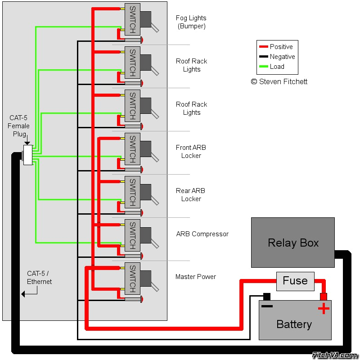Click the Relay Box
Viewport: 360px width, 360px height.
click(293, 243)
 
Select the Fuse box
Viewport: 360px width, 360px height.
click(295, 281)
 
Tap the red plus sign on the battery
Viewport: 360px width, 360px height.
click(324, 308)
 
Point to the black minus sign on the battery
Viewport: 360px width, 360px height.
click(267, 306)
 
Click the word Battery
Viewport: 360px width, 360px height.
click(294, 324)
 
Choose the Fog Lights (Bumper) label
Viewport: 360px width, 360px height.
click(191, 22)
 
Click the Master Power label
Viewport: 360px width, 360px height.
click(196, 277)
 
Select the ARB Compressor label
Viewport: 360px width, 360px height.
click(202, 234)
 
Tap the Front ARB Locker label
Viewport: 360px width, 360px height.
click(191, 152)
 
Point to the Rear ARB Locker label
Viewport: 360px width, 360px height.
click(191, 195)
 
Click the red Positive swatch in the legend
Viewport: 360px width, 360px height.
click(264, 47)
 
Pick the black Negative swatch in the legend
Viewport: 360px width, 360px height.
click(264, 57)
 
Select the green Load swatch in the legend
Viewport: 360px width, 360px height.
click(264, 67)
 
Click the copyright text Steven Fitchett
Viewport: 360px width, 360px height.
click(279, 82)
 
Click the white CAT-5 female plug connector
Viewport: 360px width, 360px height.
click(28, 155)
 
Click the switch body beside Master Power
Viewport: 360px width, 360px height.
click(132, 278)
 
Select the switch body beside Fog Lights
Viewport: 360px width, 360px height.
click(132, 19)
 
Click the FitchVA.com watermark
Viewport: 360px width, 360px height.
click(335, 355)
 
